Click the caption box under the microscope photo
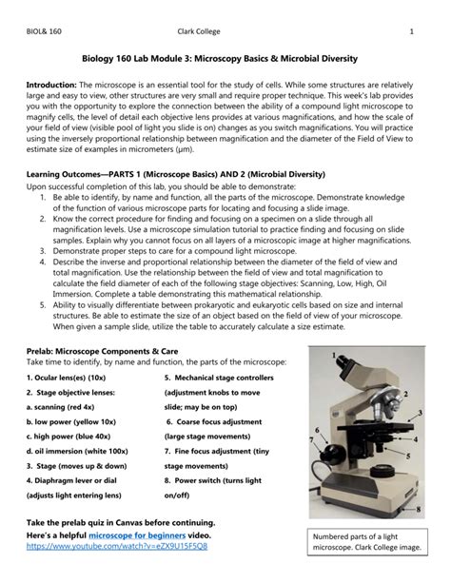pyautogui.click(x=365, y=541)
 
